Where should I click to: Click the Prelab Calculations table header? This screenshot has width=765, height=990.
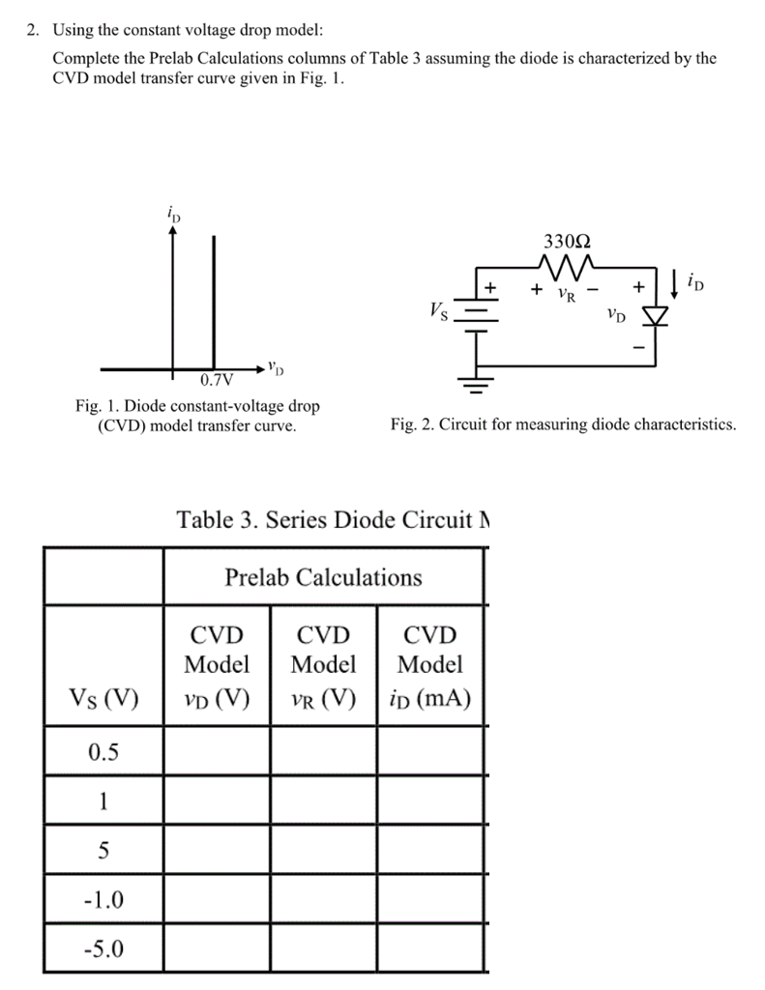click(323, 577)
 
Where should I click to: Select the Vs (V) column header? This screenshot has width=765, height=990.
click(103, 696)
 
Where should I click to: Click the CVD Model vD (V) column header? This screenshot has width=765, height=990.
click(217, 665)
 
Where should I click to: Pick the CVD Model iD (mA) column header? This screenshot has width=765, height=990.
click(430, 665)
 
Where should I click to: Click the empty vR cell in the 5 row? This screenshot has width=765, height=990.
click(323, 850)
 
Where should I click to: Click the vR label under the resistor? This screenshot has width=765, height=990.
click(570, 292)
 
